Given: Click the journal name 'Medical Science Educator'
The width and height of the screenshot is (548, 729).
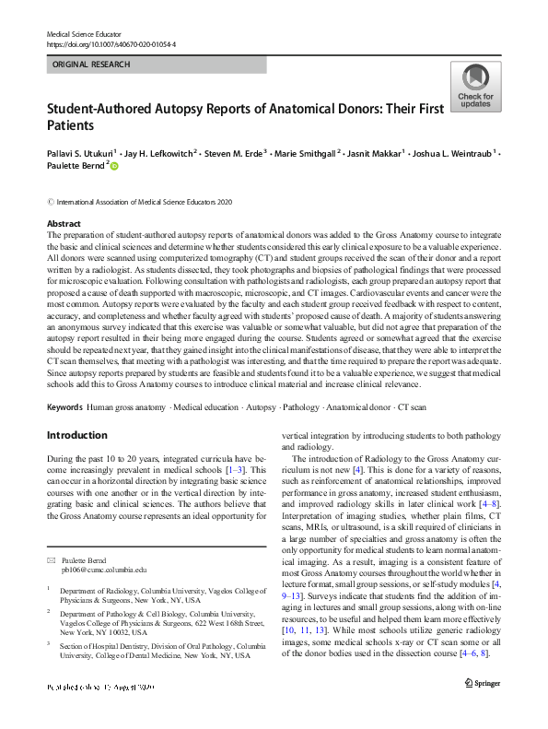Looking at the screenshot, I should click(x=85, y=33).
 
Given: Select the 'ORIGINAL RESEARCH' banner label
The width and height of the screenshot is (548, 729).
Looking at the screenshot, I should click(x=92, y=65).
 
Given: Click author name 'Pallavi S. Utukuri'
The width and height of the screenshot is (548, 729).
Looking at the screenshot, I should click(x=83, y=151).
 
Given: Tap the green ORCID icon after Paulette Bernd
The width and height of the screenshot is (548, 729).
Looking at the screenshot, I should click(x=115, y=166).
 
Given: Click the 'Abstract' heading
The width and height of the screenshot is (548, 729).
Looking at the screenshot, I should click(x=64, y=224).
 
